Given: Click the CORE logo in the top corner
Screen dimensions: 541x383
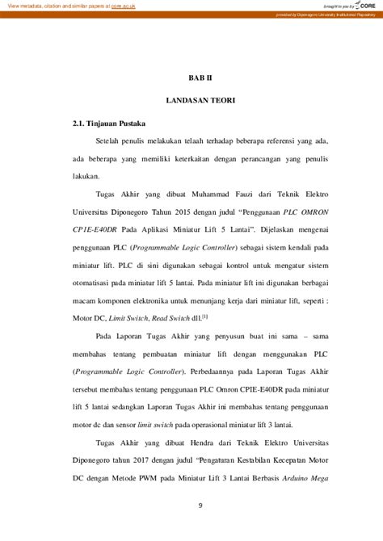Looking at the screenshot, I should click(364, 6).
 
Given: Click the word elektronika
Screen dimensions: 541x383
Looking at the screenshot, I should click(161, 299).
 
